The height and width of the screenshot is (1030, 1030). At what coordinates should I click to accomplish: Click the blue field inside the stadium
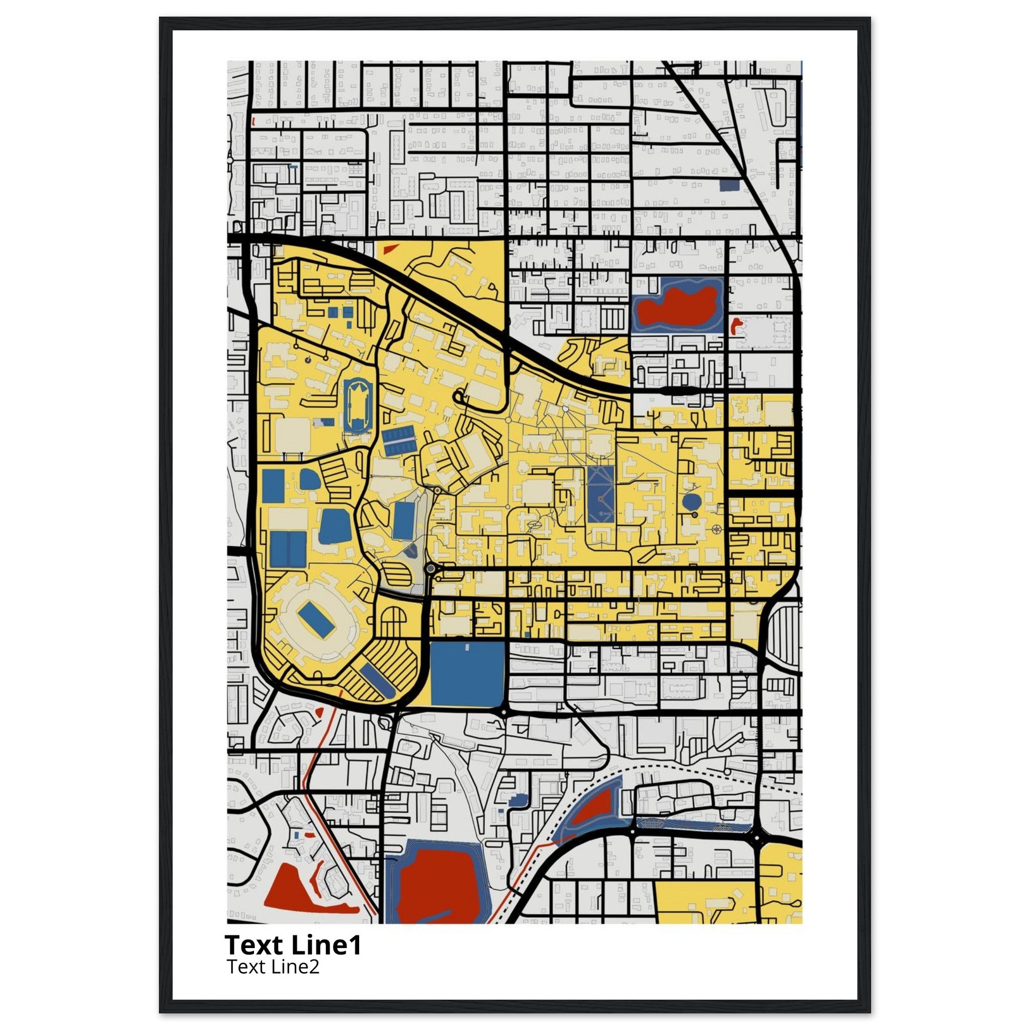tap(317, 619)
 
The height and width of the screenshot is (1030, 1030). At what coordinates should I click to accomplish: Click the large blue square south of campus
tap(467, 674)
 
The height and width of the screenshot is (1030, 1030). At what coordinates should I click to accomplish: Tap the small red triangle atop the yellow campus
tap(390, 248)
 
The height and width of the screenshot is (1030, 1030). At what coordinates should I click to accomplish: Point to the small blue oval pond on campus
tap(692, 501)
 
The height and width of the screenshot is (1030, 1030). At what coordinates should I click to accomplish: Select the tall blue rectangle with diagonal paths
tap(601, 495)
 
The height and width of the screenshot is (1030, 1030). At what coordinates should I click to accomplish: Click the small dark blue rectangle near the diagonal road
tap(729, 185)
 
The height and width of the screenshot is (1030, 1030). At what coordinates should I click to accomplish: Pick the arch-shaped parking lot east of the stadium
tap(393, 622)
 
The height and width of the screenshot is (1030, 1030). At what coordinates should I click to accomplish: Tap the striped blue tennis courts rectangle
tap(398, 441)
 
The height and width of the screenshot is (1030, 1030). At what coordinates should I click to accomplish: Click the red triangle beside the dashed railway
tap(596, 818)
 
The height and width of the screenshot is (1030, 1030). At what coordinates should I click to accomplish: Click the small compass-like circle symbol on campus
tap(716, 529)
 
